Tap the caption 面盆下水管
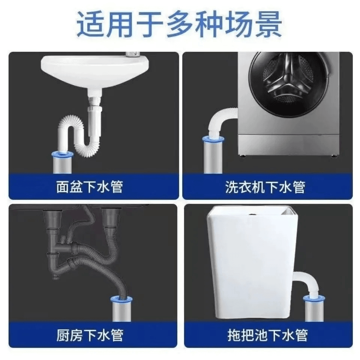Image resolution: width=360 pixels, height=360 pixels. coord(90,187)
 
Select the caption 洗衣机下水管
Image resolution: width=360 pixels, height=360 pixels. coord(265,187)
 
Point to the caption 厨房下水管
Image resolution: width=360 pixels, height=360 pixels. coord(90,335)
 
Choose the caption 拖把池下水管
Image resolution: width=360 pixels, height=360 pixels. coord(268,335)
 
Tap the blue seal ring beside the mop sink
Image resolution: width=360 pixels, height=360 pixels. coord(314,299)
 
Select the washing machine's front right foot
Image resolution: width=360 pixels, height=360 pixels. coord(333,156)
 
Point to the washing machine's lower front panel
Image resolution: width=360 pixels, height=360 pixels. coord(288,144)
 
